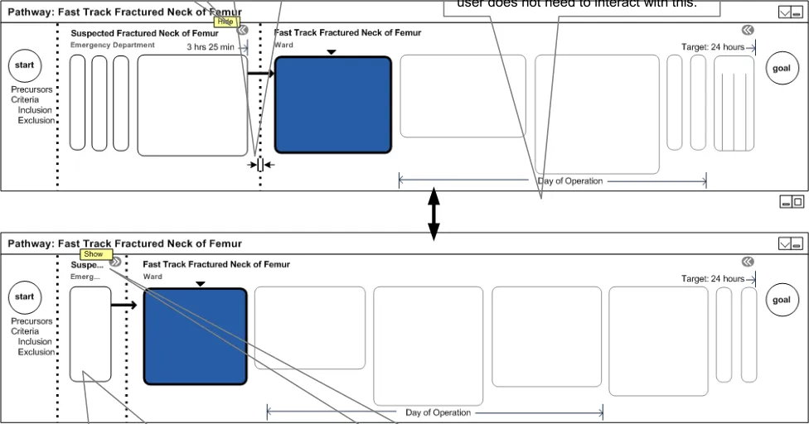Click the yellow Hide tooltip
pyautogui.click(x=225, y=22)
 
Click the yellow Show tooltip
pyautogui.click(x=93, y=254)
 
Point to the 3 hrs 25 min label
pyautogui.click(x=211, y=47)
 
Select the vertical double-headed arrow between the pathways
pyautogui.click(x=433, y=213)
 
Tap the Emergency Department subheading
pyautogui.click(x=112, y=45)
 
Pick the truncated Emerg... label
pyautogui.click(x=85, y=277)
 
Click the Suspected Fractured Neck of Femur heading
pyautogui.click(x=144, y=33)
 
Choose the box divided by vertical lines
pyautogui.click(x=734, y=104)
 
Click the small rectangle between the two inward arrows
pyautogui.click(x=260, y=166)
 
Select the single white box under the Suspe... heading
pyautogui.click(x=90, y=334)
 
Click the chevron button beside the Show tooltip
pyautogui.click(x=115, y=262)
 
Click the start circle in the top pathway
pyautogui.click(x=25, y=65)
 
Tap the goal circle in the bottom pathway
pyautogui.click(x=782, y=300)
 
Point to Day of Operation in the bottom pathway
pyautogui.click(x=438, y=412)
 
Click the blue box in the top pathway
pyautogui.click(x=332, y=104)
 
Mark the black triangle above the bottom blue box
pyautogui.click(x=200, y=284)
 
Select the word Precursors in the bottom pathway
pyautogui.click(x=31, y=321)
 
